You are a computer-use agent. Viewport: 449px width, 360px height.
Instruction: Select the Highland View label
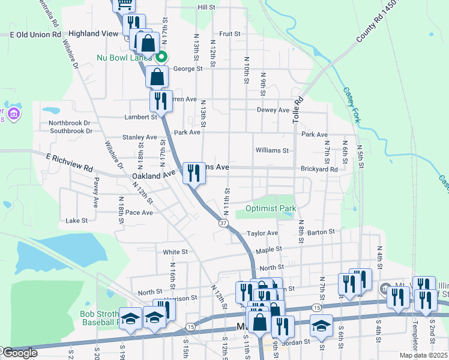pyautogui.click(x=94, y=34)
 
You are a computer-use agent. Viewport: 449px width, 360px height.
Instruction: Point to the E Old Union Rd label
pyautogui.click(x=36, y=35)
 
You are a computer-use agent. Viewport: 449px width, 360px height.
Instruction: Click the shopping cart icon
pyautogui.click(x=125, y=4)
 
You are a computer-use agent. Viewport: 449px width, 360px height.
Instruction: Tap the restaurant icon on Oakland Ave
pyautogui.click(x=194, y=173)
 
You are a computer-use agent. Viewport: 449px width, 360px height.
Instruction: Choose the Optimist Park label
pyautogui.click(x=271, y=209)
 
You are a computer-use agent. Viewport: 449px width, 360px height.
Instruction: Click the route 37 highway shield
pyautogui.click(x=223, y=223)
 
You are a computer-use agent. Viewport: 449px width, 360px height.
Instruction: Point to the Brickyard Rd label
pyautogui.click(x=319, y=169)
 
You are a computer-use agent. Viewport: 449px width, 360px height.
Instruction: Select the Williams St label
pyautogui.click(x=272, y=150)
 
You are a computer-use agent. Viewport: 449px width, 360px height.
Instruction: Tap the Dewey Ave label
pyautogui.click(x=273, y=110)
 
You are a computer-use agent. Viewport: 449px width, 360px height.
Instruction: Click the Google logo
pyautogui.click(x=19, y=353)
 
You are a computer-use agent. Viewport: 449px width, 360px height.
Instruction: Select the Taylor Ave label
pyautogui.click(x=262, y=233)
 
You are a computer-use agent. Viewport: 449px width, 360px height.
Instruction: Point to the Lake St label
pyautogui.click(x=76, y=221)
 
